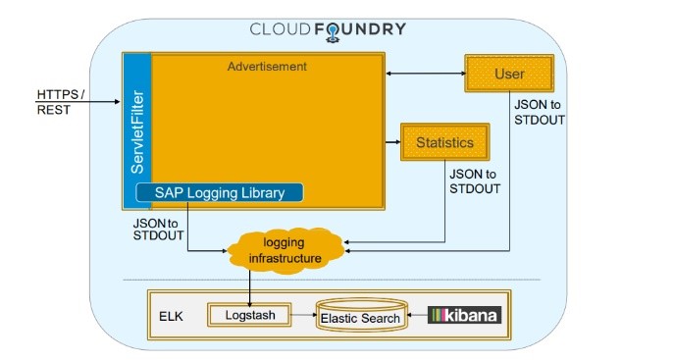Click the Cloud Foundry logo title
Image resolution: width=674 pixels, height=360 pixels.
328,28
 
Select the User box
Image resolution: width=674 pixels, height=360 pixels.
509,75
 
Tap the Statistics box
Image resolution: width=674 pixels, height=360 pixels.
444,143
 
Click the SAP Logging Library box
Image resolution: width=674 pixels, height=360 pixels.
219,192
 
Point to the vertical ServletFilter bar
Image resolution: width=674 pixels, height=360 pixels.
137,128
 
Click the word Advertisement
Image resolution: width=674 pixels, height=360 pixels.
267,67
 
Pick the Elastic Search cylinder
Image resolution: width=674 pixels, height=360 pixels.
360,317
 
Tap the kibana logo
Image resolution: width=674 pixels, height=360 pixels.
465,316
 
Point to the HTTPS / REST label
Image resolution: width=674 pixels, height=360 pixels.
61,102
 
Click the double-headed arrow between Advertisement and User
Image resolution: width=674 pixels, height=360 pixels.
423,74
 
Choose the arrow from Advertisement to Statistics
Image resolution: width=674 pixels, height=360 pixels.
391,143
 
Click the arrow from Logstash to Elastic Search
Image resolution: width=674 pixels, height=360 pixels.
304,316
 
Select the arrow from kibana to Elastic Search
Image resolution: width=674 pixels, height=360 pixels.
416,316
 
